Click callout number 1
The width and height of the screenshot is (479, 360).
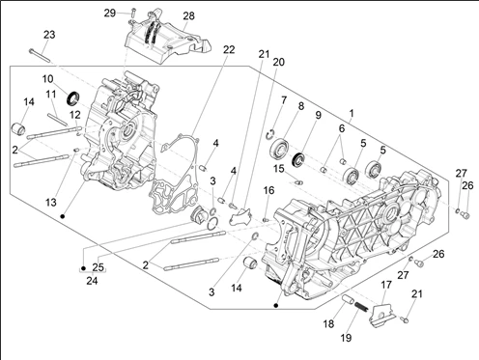(352, 113)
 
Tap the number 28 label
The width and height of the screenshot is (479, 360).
(188, 15)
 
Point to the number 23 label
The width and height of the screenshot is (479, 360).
(49, 34)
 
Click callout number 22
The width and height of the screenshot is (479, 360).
(229, 49)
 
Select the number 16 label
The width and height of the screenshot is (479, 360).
(269, 190)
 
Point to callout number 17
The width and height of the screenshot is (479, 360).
(384, 285)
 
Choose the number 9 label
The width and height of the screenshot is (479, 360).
(319, 116)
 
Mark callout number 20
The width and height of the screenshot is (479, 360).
(279, 62)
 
